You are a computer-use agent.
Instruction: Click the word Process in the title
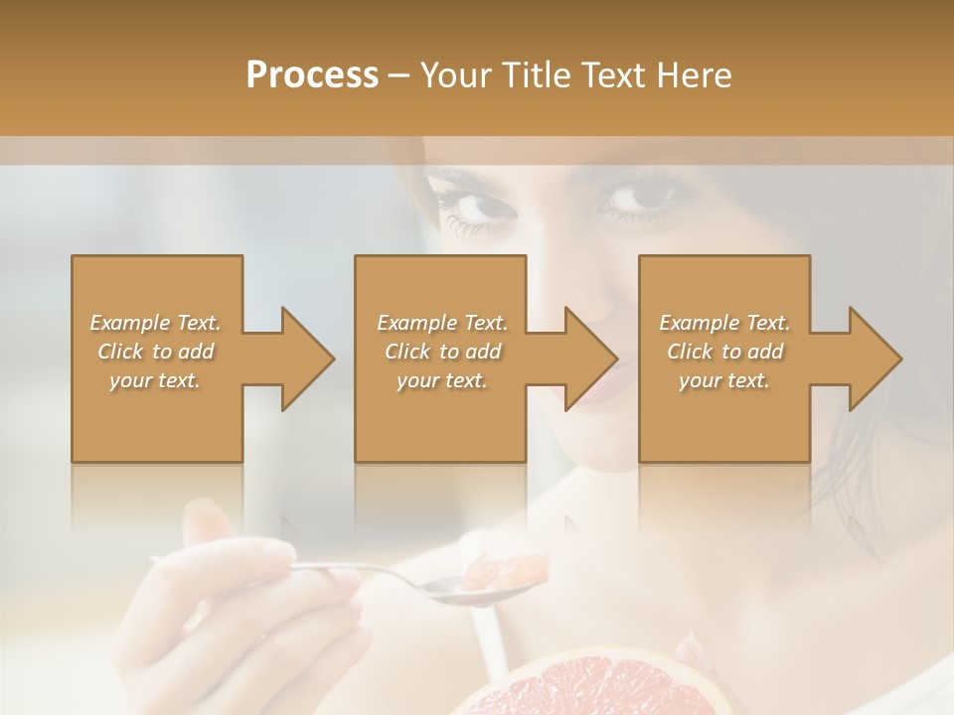click(x=312, y=75)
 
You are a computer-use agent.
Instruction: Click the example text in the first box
click(x=156, y=352)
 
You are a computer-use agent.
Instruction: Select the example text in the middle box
click(x=442, y=352)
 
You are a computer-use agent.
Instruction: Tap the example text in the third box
click(x=724, y=352)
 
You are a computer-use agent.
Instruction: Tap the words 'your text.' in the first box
click(x=155, y=380)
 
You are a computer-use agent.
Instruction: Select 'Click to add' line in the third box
click(x=724, y=352)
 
